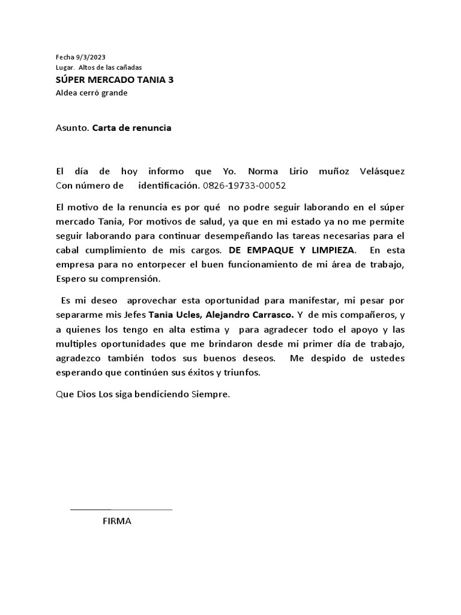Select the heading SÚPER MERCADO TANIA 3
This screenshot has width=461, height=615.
coord(115,80)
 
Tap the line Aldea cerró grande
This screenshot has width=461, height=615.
coord(91,92)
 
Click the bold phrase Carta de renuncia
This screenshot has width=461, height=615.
coord(131,128)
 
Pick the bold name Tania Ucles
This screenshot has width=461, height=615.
coord(170,314)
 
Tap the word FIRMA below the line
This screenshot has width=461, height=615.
coord(117,521)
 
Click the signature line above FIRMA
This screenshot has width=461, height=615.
coord(121,509)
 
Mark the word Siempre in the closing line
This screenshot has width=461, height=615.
coord(210,395)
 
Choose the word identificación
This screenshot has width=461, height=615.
coord(168,185)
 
